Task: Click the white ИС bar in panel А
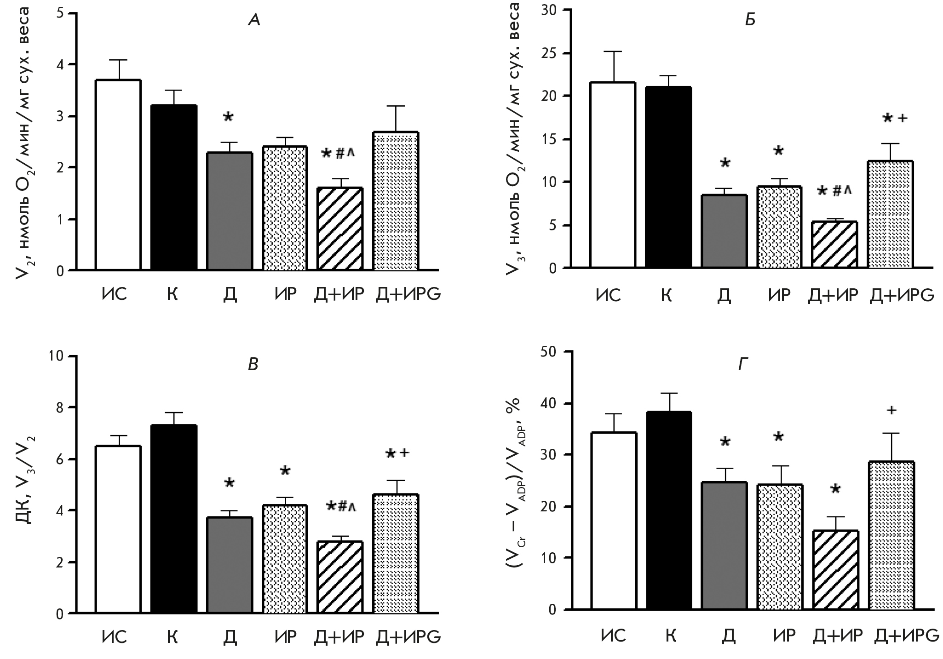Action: click(x=118, y=175)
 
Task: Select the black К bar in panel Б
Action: click(x=668, y=177)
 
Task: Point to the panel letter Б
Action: click(x=750, y=21)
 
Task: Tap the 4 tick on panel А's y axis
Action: click(x=60, y=65)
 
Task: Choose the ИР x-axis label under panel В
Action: click(x=286, y=637)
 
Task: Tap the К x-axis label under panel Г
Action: click(x=671, y=636)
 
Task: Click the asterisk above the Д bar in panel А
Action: click(x=228, y=118)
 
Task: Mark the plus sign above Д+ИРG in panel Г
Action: click(x=891, y=410)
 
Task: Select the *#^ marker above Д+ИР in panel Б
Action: click(x=834, y=191)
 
